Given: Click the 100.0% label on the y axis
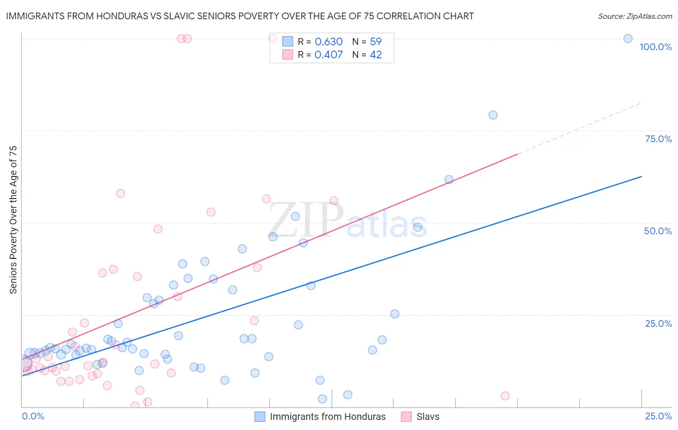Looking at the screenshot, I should [x=655, y=47].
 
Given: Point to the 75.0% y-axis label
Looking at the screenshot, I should [x=658, y=139].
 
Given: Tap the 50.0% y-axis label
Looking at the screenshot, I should [x=658, y=231].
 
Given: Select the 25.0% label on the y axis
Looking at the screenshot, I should [x=658, y=323].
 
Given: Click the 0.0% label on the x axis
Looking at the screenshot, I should [x=33, y=416].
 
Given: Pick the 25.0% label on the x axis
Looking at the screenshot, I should [x=658, y=416].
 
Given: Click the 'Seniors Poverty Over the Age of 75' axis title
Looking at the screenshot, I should [x=13, y=219].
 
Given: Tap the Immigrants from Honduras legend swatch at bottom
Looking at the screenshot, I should [x=260, y=417].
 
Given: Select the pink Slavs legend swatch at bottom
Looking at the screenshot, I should [x=407, y=417].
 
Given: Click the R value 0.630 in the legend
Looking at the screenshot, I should [x=328, y=42].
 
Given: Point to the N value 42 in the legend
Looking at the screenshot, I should [x=376, y=55].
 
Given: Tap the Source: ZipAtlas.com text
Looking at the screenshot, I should [x=635, y=16].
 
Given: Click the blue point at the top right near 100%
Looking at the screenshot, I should [x=628, y=39].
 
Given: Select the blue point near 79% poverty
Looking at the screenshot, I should [x=493, y=115].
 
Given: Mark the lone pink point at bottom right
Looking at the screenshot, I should [x=505, y=396].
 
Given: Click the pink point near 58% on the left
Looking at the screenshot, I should [x=121, y=193].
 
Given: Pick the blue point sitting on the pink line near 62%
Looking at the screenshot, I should [x=449, y=180].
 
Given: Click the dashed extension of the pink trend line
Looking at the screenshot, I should [x=579, y=128].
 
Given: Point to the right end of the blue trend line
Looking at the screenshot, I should [x=641, y=176].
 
